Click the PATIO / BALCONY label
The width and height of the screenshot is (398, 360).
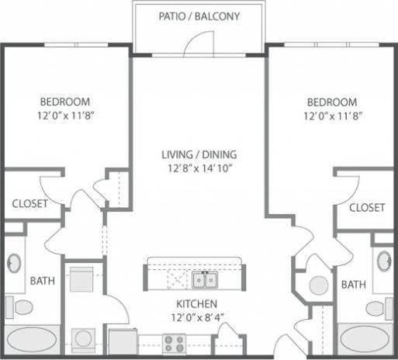tap(199, 16)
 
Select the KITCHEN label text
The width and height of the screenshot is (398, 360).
tap(196, 303)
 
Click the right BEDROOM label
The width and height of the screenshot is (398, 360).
tap(331, 102)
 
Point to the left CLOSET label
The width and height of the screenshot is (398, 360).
tap(30, 204)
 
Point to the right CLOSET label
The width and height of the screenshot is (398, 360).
tap(366, 207)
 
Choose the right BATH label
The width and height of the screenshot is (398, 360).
tap(353, 285)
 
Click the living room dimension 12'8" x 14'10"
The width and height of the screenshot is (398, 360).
tap(199, 168)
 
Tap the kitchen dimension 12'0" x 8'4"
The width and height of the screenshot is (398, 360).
tap(196, 317)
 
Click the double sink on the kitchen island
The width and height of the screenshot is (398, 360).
tap(206, 279)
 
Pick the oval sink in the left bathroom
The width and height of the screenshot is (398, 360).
tap(15, 264)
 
